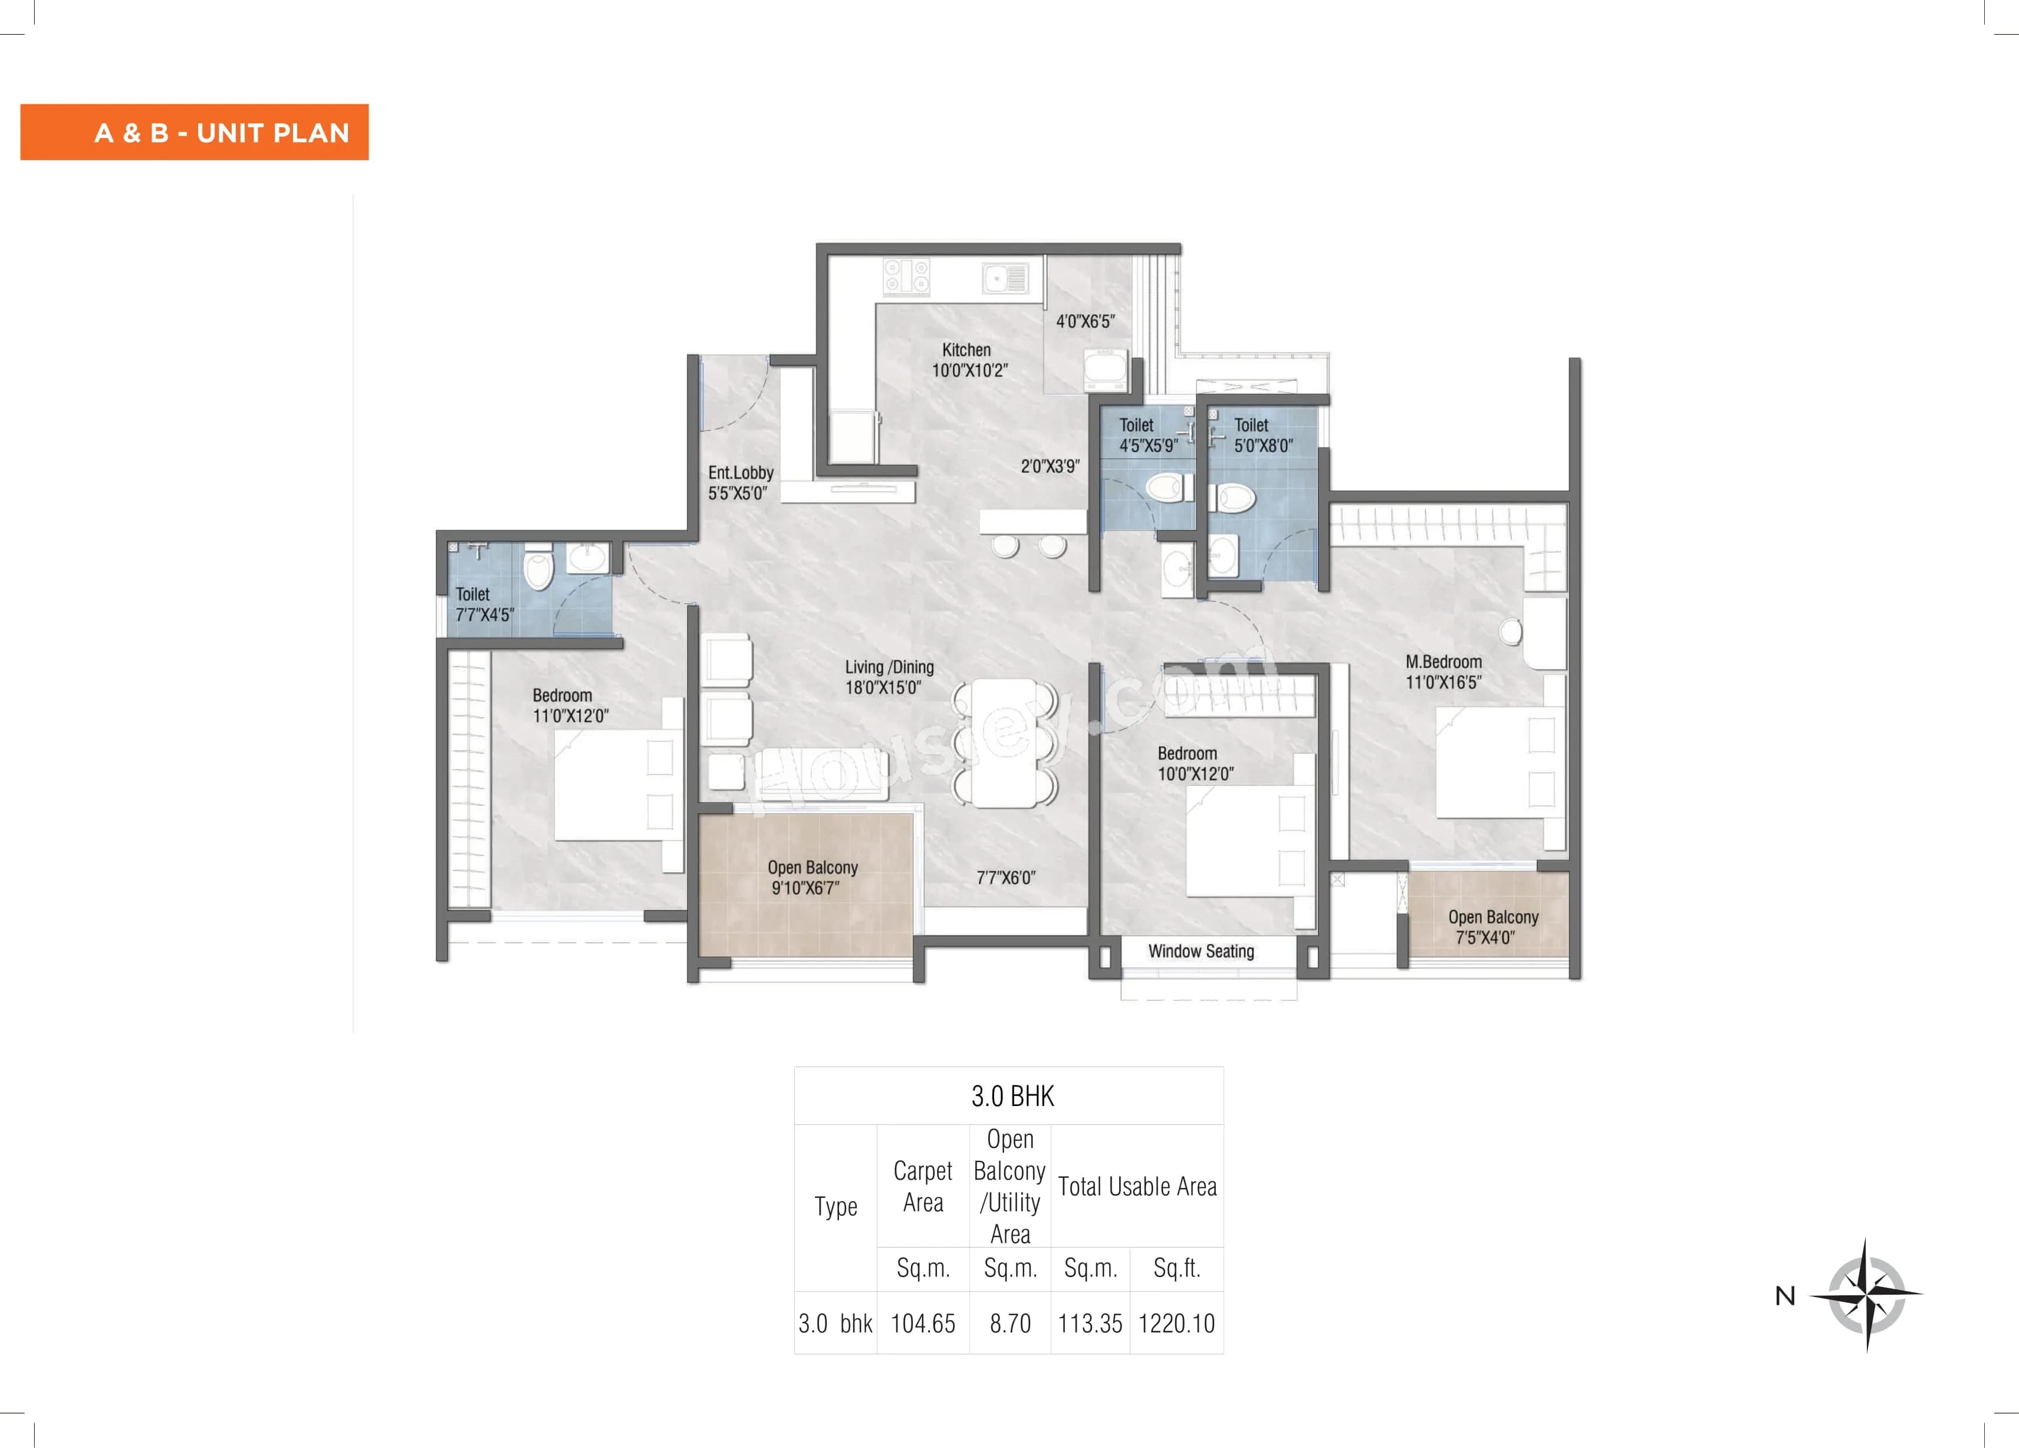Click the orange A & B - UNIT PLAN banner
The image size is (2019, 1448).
(x=194, y=133)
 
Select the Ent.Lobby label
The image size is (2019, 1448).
(x=740, y=473)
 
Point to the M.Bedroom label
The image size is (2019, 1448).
(x=1443, y=662)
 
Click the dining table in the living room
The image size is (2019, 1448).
(x=1004, y=742)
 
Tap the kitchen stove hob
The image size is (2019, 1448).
(x=906, y=277)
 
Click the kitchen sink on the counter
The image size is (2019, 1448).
(x=1005, y=278)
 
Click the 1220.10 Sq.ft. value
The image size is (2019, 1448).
(x=1176, y=1324)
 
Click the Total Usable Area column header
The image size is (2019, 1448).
(x=1137, y=1186)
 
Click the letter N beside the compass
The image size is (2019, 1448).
(x=1785, y=1296)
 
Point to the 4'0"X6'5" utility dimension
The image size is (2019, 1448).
(x=1085, y=322)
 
